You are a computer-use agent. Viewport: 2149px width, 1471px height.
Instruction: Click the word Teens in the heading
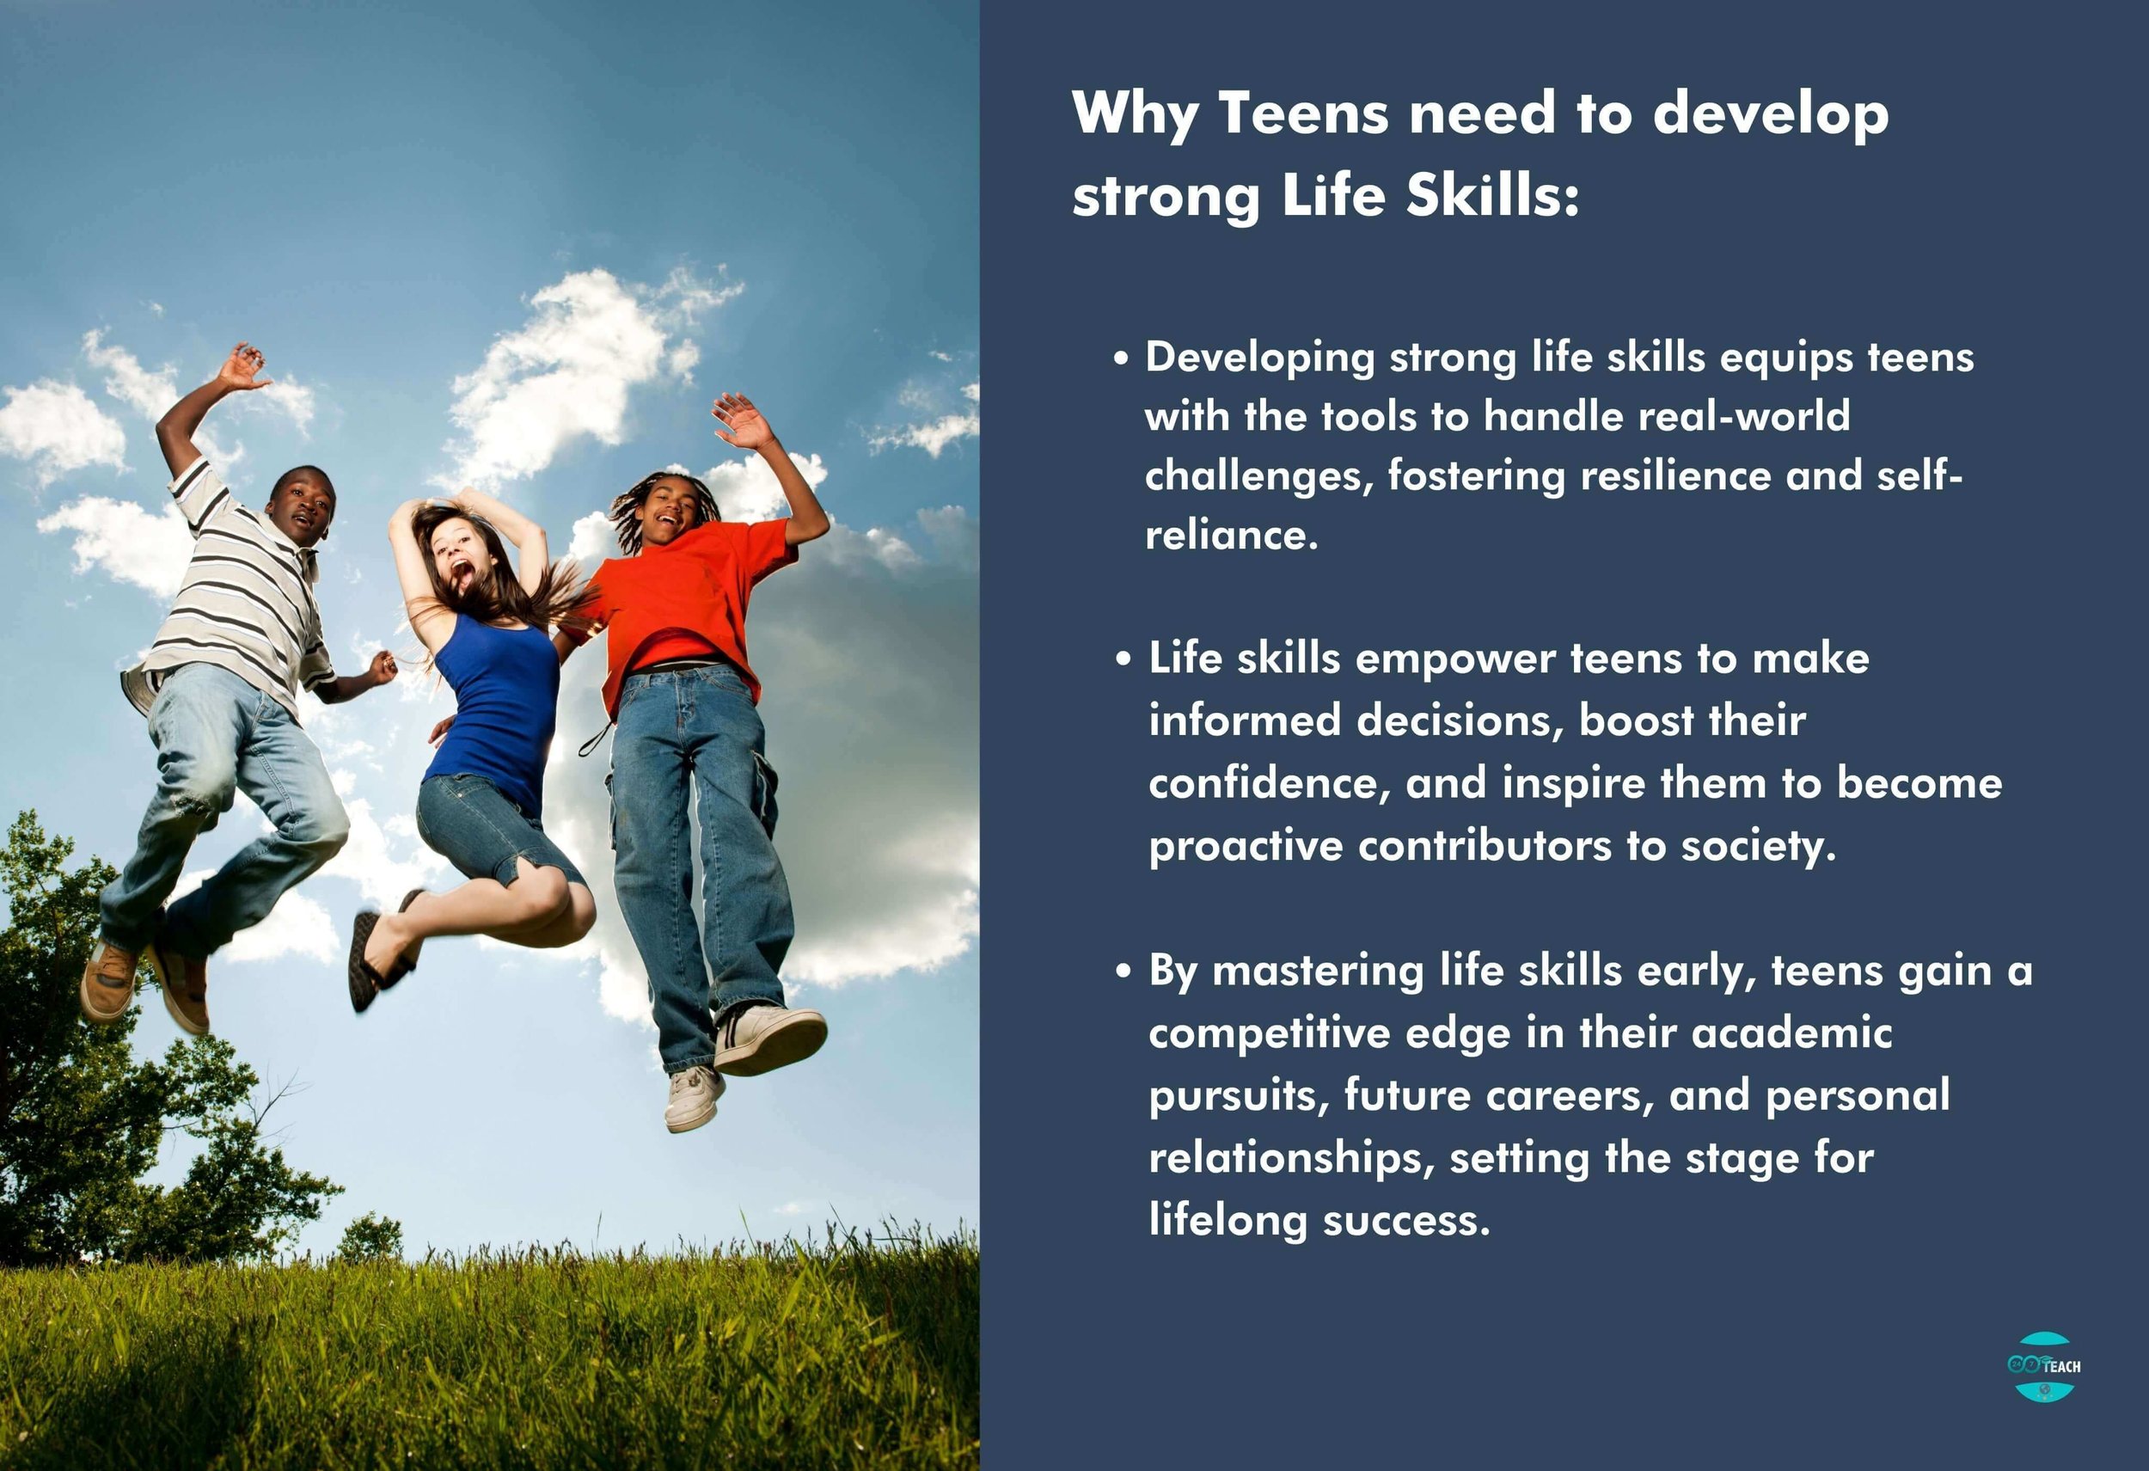point(1303,113)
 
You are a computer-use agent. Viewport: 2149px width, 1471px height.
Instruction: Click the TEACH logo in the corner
point(2044,1365)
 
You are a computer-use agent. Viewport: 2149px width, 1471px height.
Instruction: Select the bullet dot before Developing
point(1122,359)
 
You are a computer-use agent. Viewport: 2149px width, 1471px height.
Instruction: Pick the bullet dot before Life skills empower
point(1123,660)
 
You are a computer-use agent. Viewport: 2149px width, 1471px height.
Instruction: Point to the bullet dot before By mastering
point(1123,971)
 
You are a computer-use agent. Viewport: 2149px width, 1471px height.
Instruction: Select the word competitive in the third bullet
point(1269,1033)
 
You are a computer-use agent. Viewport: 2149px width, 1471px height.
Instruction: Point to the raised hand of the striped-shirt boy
point(242,366)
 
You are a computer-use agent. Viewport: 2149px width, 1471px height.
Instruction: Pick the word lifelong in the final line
point(1226,1221)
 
